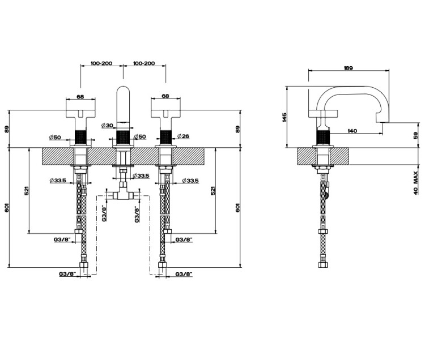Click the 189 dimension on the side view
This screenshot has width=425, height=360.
[348, 68]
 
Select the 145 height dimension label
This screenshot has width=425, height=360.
[284, 118]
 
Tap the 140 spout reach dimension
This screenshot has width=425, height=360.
[352, 131]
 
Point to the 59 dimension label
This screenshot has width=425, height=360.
[416, 135]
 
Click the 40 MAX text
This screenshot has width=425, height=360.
[416, 183]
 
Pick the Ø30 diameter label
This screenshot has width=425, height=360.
[107, 125]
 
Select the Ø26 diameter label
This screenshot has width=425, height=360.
[183, 136]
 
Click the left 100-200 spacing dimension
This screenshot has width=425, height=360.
[101, 63]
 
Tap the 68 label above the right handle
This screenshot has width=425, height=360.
[165, 96]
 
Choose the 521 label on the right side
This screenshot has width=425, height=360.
[213, 191]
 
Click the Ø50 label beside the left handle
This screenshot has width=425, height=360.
[55, 138]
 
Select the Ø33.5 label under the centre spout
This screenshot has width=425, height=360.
[141, 176]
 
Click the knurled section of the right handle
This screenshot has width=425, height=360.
[165, 138]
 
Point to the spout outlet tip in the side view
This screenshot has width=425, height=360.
[382, 121]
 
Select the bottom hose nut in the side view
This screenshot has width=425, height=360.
[323, 264]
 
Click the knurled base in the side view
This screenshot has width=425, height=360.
[323, 138]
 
